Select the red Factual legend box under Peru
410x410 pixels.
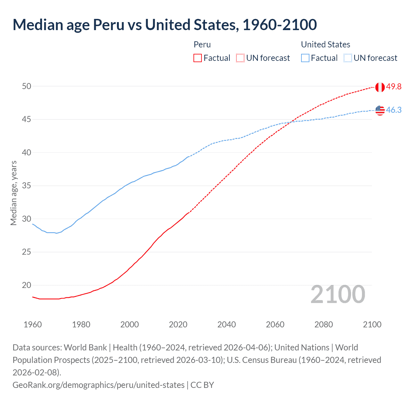[x=198, y=58]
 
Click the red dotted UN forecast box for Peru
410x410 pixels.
[x=240, y=58]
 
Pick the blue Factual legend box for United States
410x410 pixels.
[x=305, y=58]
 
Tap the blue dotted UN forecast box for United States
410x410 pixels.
[x=348, y=58]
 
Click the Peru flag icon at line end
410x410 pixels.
[x=380, y=87]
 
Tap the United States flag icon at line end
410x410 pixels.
[x=380, y=110]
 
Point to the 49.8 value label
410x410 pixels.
[x=394, y=87]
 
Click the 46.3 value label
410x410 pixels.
[x=394, y=110]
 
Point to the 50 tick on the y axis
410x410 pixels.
[x=27, y=86]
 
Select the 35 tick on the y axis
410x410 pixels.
[x=27, y=186]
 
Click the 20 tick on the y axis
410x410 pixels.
[x=27, y=285]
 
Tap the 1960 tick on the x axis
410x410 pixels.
[x=33, y=324]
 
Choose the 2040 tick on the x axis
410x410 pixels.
[x=226, y=324]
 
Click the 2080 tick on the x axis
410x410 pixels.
[x=324, y=324]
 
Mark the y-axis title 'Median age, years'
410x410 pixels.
[x=13, y=193]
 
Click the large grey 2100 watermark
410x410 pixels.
[x=338, y=294]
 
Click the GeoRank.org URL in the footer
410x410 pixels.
[x=98, y=385]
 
